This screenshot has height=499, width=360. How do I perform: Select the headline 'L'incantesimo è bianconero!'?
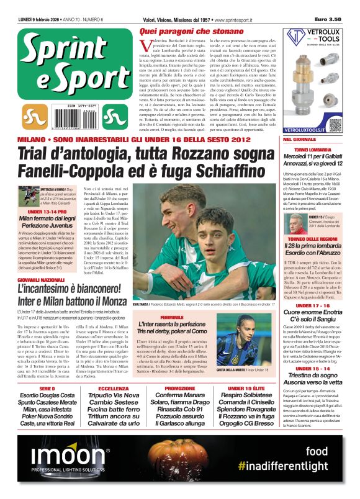pos(70,289)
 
